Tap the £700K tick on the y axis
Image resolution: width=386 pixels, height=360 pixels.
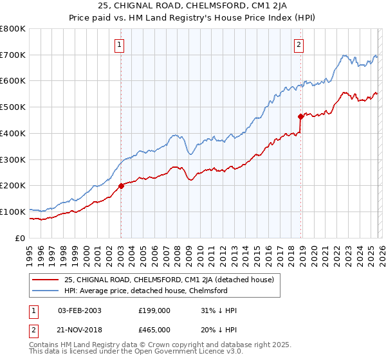click(13, 55)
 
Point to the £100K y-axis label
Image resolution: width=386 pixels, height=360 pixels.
click(13, 212)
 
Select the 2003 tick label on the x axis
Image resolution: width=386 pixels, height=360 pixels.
click(120, 250)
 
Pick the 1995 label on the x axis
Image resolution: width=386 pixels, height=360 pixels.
click(30, 250)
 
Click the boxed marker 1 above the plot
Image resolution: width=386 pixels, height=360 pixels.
click(120, 45)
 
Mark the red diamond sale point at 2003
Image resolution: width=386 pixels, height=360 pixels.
click(121, 186)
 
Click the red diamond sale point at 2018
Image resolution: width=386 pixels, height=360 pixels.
click(300, 116)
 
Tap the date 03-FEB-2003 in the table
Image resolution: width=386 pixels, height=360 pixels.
click(79, 310)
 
